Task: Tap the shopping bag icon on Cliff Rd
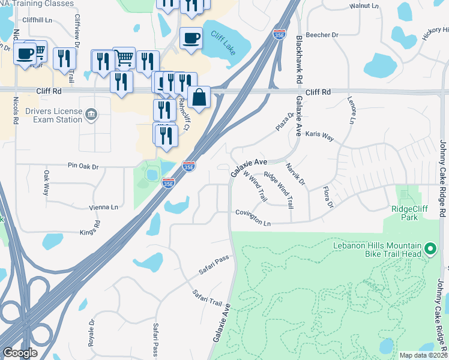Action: pos(199,97)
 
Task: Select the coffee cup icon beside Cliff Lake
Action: pos(191,38)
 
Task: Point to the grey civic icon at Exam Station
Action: pos(91,114)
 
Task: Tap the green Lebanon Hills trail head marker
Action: pos(430,248)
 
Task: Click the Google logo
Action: pos(20,353)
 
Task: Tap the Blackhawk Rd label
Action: pos(299,58)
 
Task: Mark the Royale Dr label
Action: pos(92,331)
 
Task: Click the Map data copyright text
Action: pos(423,355)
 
